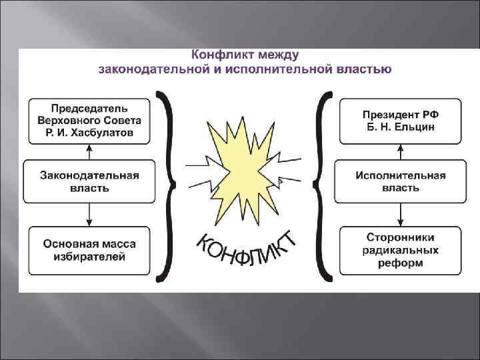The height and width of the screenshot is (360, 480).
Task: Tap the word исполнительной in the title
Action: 270,68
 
